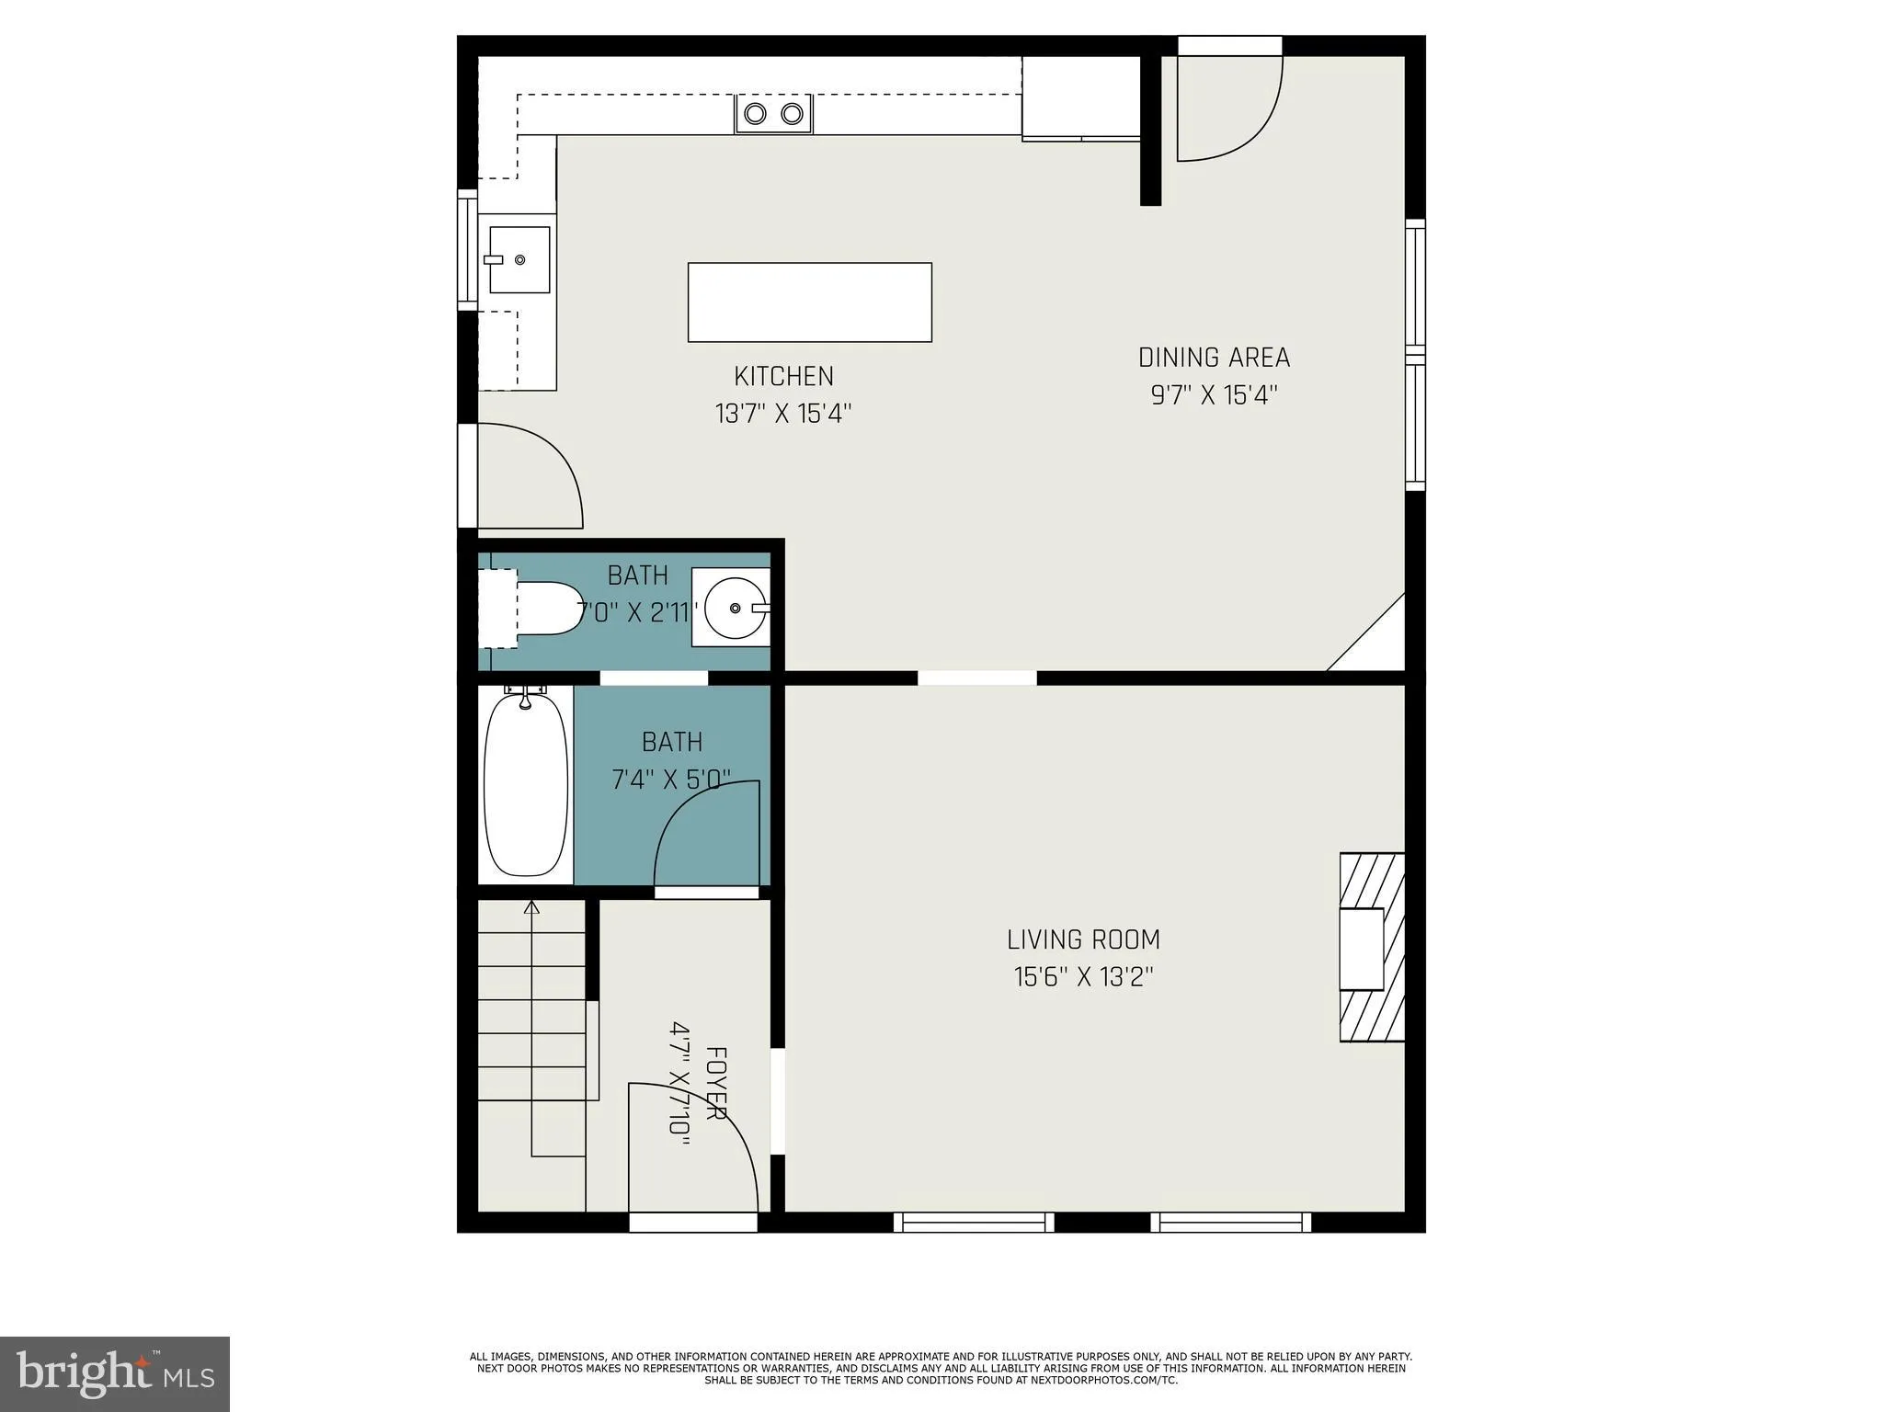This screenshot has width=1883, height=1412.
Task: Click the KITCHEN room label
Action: tap(783, 376)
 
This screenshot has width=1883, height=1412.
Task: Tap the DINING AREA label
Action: tap(1214, 358)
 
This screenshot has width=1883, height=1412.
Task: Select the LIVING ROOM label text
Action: tap(1083, 939)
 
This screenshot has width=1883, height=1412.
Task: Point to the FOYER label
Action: tap(715, 1083)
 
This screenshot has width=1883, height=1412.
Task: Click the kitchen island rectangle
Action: tap(809, 302)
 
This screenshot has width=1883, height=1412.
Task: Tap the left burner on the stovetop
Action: tap(756, 114)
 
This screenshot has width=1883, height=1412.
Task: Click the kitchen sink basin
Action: tap(519, 260)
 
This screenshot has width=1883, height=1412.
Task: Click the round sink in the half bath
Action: tap(734, 608)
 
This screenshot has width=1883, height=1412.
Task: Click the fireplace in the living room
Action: tap(1370, 948)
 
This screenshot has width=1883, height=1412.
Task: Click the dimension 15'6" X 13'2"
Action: tap(1083, 977)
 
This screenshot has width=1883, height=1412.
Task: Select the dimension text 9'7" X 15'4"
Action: tap(1214, 395)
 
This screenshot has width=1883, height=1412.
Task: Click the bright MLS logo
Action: tap(114, 1373)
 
